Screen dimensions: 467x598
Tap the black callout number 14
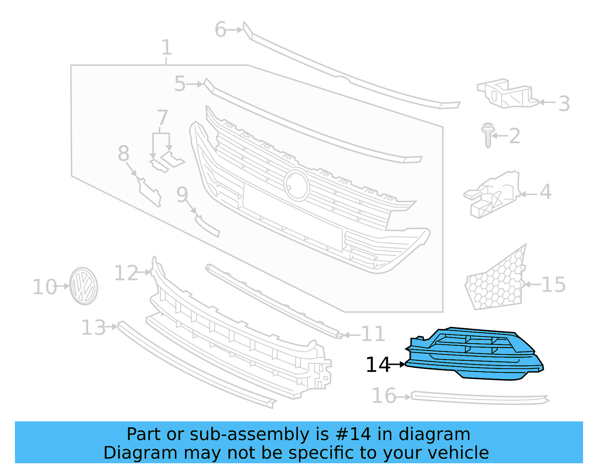coord(378,365)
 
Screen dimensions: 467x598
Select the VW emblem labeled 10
coord(83,286)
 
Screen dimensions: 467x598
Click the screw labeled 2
coord(487,135)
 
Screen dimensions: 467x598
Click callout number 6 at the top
coord(221,30)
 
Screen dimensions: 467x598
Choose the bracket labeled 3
coord(506,93)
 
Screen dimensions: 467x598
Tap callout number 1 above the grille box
coord(167,48)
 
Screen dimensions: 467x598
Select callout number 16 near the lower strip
coord(384,396)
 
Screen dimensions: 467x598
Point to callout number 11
coord(373,334)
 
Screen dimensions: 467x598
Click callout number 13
coord(93,328)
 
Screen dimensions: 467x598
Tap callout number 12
coord(126,273)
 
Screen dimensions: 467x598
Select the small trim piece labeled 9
coord(207,225)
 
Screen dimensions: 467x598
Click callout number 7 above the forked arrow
coord(163,118)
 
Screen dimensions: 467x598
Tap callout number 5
coord(180,84)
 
